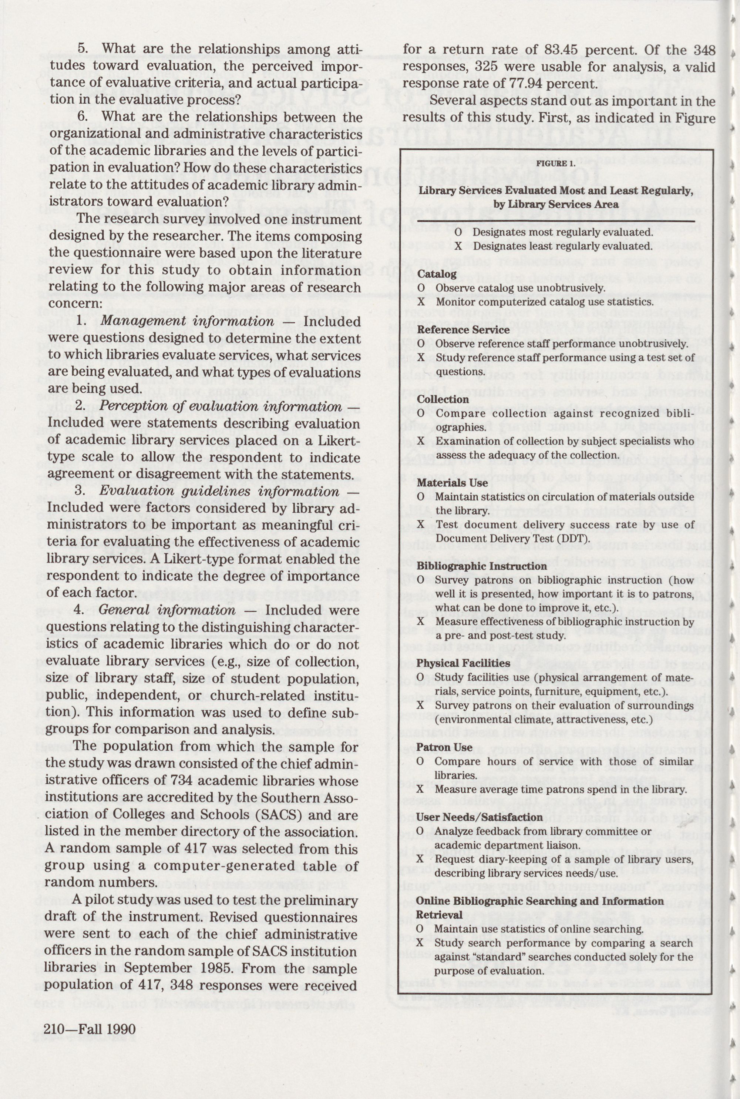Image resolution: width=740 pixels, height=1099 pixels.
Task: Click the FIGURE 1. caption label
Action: (555, 163)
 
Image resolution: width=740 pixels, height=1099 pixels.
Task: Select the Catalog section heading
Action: (437, 274)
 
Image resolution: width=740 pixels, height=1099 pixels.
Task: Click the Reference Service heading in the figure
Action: (463, 329)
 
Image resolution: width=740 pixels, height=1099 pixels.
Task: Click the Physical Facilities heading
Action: (463, 663)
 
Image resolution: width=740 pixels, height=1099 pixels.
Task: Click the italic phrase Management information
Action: (187, 322)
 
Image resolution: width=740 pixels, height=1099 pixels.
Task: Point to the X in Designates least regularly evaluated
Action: (458, 247)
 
